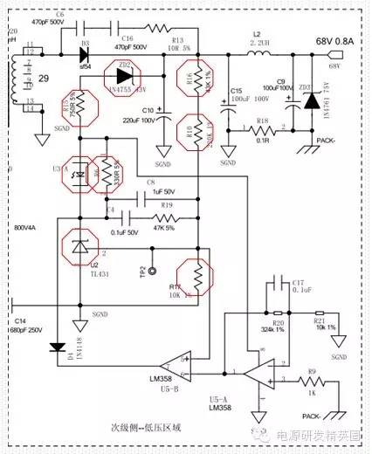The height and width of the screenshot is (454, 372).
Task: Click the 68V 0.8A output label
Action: pos(329,40)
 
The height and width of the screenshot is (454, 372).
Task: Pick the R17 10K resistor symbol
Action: pos(198,277)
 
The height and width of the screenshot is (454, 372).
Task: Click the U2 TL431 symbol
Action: pos(79,248)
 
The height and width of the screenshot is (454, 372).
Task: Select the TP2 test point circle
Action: pos(153,271)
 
